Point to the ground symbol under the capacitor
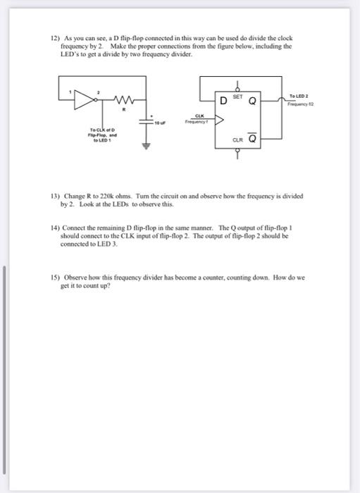[149, 148]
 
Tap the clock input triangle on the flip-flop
[218, 120]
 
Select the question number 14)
[54, 230]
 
